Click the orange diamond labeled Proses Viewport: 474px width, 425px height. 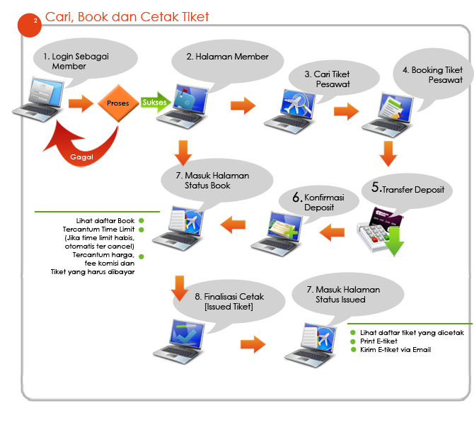[118, 103]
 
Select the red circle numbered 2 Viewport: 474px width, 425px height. [29, 25]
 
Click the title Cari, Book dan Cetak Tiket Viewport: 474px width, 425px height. [127, 17]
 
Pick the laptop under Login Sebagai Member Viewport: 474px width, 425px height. [38, 99]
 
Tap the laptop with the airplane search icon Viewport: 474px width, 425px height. [290, 111]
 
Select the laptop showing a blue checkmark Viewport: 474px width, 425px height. [179, 341]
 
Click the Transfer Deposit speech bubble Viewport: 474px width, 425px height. [407, 190]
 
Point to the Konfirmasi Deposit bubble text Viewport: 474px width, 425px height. [318, 202]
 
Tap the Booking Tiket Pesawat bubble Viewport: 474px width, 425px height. [433, 76]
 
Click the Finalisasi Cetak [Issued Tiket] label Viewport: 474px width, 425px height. [229, 301]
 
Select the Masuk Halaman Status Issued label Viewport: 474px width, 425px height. [343, 294]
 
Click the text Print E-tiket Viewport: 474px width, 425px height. [378, 341]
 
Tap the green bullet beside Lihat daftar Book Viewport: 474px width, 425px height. [141, 221]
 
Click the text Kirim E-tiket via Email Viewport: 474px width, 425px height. [395, 350]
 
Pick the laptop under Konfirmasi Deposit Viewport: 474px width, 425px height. [277, 234]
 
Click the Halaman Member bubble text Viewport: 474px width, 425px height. [227, 57]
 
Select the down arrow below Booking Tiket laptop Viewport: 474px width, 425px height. [388, 154]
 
